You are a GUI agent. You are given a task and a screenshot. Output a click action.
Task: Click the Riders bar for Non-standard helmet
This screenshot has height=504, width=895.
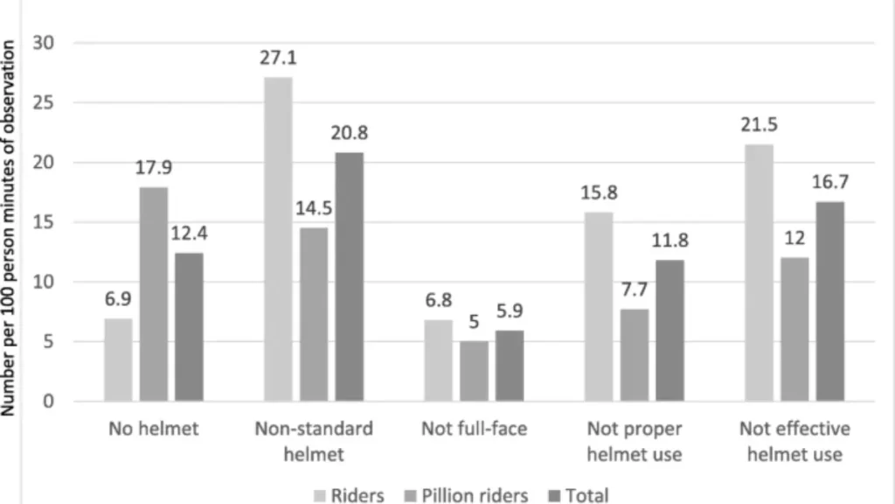pos(279,240)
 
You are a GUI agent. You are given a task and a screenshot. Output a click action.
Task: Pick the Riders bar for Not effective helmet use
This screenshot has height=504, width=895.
pos(760,273)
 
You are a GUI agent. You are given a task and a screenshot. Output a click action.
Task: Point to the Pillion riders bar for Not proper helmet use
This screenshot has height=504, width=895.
pos(635,355)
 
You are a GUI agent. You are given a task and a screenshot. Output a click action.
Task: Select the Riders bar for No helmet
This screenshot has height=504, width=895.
pos(118,360)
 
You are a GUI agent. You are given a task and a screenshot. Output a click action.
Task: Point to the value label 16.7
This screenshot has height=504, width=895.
pos(830,185)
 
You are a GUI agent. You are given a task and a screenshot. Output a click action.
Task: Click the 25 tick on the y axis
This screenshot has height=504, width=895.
pos(42,102)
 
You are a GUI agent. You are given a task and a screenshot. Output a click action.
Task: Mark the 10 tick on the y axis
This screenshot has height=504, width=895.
pos(42,282)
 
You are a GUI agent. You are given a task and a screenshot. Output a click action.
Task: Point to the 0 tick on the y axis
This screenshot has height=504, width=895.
pos(47,402)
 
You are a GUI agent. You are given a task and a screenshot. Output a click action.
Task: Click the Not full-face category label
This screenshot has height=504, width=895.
pos(474,430)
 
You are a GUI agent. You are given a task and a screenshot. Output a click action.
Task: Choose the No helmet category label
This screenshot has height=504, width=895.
pos(154,430)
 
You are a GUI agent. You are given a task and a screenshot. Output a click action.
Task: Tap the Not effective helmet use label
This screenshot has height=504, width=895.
pos(794,441)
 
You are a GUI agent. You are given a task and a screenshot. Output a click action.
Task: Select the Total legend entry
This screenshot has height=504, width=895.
pos(578,495)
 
